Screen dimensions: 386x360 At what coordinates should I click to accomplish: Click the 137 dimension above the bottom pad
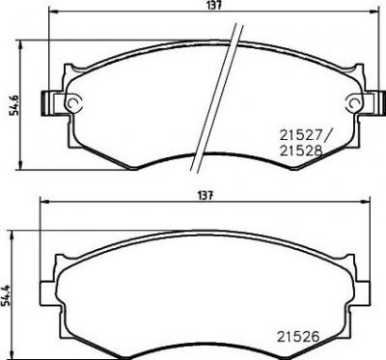click(206, 195)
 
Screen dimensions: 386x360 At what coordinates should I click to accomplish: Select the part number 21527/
click(303, 135)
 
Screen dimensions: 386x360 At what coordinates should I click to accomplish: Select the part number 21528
click(301, 151)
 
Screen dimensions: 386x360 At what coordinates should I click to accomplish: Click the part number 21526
click(298, 337)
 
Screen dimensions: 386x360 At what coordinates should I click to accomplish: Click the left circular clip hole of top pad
click(74, 102)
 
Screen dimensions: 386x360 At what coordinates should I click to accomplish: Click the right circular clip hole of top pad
click(354, 102)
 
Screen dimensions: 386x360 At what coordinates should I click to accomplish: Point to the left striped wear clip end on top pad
click(45, 103)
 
